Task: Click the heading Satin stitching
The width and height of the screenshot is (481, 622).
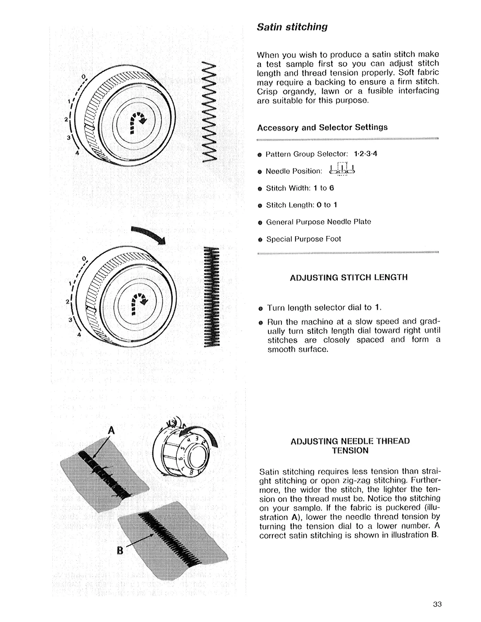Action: [x=292, y=27]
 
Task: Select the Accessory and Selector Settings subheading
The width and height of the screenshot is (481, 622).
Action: [x=322, y=127]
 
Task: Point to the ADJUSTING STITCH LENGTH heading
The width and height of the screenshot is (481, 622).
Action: [x=349, y=277]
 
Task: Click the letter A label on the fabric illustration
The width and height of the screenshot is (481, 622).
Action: [x=112, y=431]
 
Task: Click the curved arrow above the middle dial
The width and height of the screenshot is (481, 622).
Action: [x=149, y=235]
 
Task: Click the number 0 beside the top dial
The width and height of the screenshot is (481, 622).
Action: [x=83, y=76]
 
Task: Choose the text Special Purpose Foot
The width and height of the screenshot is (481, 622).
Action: [x=303, y=239]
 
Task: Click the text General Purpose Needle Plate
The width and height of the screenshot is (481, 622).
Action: [x=318, y=222]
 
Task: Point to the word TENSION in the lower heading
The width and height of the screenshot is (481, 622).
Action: [x=350, y=450]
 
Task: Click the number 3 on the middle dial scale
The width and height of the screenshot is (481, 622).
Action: [x=70, y=319]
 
